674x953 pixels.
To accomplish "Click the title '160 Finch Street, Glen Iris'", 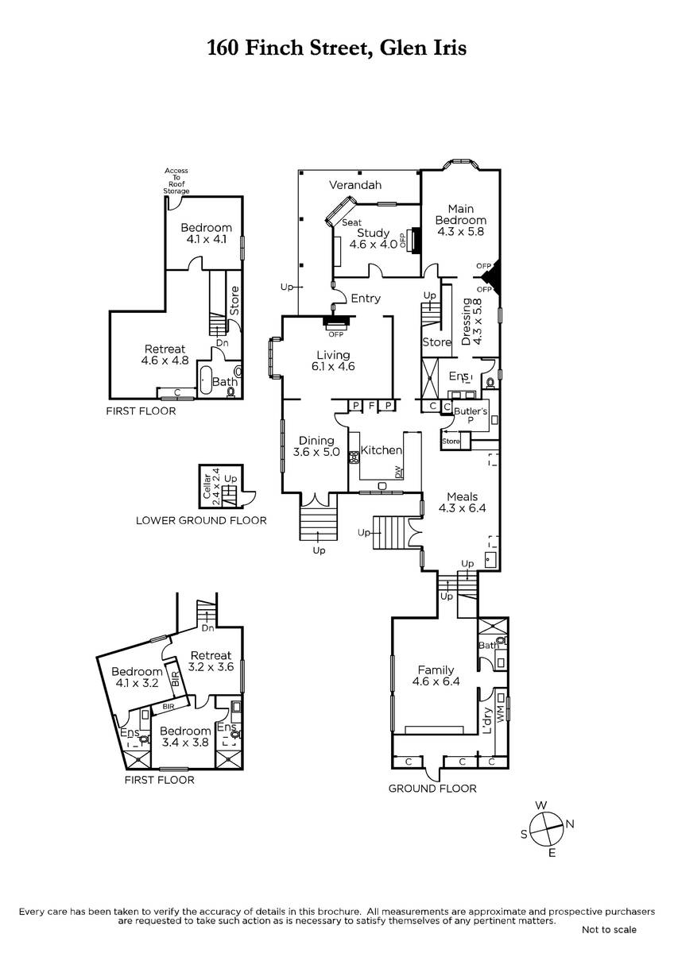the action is point(337,47).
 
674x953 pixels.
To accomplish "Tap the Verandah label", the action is point(355,185).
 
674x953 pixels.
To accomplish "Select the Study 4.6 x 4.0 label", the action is point(374,238).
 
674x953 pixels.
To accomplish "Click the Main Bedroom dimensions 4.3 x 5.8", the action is point(461,231).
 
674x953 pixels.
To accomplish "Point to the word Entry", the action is point(366,299).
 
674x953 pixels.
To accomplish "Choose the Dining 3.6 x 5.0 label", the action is point(316,446).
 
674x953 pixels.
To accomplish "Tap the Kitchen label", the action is point(381,449).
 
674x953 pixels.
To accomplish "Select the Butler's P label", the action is point(471,415).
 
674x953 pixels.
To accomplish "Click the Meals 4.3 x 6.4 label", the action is point(463,502).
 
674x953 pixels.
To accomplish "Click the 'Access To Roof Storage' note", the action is point(176,181).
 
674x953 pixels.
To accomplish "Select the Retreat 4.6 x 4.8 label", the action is point(165,354).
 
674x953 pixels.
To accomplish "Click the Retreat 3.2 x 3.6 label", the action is point(211,661).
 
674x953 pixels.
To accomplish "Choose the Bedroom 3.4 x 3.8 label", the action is point(185,736).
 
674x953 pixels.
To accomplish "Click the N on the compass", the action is point(570,824).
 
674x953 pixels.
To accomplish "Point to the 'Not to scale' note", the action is point(609,929).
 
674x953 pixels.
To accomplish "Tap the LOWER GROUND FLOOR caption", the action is point(201,520).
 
